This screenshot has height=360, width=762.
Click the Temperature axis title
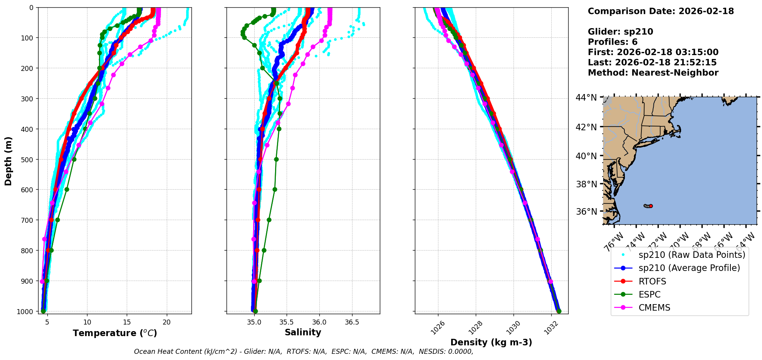[115, 333]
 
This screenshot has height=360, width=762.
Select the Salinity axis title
[303, 332]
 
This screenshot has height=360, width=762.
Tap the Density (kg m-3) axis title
[491, 342]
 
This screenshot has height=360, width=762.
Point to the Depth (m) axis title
[8, 161]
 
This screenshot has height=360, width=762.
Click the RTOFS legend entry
[652, 281]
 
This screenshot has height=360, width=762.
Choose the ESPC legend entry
[650, 294]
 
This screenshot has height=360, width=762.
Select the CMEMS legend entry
[654, 308]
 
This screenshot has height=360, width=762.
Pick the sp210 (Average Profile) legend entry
[689, 268]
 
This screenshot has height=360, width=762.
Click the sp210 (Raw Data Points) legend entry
[692, 255]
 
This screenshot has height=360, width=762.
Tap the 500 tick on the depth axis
[27, 159]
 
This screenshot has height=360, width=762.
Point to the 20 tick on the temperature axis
[166, 322]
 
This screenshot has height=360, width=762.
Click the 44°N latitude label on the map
[586, 98]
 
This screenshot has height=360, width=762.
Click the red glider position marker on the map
[651, 206]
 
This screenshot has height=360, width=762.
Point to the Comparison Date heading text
[661, 11]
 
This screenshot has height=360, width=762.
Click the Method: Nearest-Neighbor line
[653, 72]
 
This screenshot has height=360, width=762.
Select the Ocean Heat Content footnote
[303, 352]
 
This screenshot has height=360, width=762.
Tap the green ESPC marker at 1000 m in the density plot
[559, 311]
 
